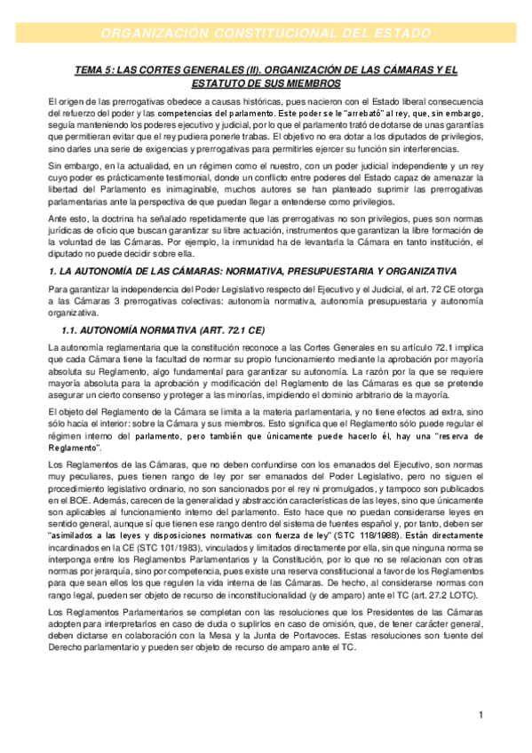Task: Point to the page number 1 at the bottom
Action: (x=480, y=714)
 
